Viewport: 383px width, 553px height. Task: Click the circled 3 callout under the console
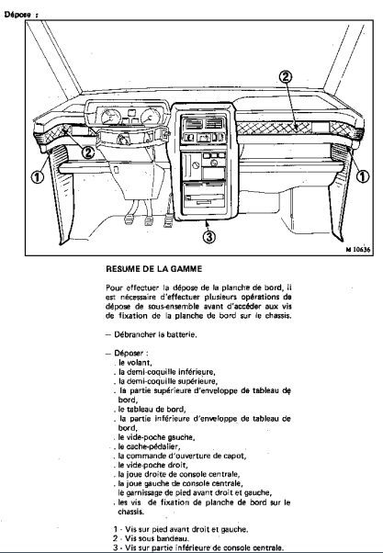[209, 236]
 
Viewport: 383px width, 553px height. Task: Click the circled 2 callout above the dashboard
[286, 76]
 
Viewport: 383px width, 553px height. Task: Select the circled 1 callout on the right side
[363, 176]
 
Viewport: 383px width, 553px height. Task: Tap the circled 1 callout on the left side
[38, 176]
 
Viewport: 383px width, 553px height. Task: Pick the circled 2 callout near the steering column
[88, 152]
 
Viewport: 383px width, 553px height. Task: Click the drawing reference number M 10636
[358, 250]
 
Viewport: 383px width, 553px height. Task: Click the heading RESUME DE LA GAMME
[154, 269]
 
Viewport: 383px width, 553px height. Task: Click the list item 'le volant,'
[135, 363]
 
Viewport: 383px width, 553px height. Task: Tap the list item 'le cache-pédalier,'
[150, 446]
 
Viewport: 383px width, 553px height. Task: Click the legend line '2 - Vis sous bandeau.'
[151, 538]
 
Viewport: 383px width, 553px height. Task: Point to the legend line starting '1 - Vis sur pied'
[181, 529]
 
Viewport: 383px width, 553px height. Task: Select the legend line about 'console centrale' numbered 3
[198, 547]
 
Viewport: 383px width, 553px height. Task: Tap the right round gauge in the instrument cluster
[151, 117]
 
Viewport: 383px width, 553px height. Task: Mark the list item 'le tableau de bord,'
[152, 409]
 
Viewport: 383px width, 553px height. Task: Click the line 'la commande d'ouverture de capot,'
[183, 456]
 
